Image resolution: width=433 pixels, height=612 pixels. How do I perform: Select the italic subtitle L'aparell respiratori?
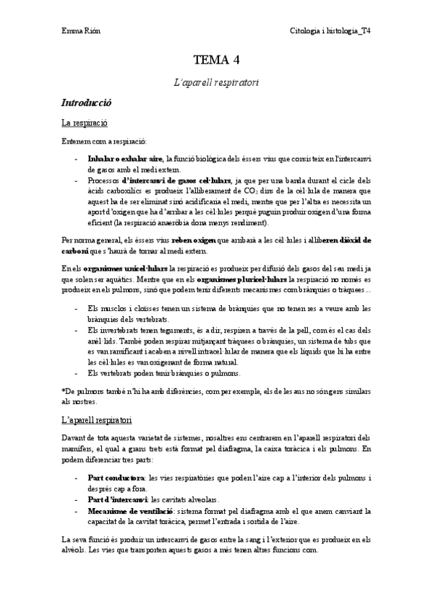coord(216,83)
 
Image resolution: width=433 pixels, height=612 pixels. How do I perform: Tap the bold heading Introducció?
coord(86,104)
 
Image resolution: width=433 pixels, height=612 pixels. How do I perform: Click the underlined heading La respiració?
coord(85,124)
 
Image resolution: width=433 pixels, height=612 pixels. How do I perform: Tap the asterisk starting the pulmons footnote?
coord(64,390)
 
